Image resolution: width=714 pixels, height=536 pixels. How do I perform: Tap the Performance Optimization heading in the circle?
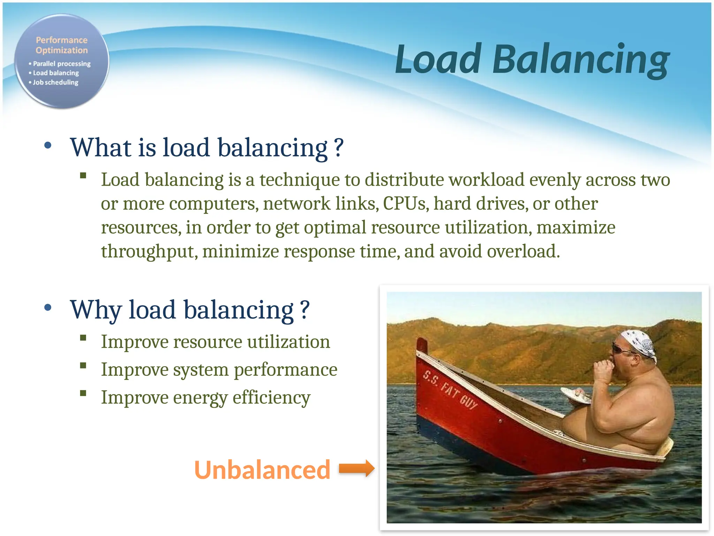(62, 45)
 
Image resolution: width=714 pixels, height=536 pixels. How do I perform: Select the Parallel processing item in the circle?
(61, 64)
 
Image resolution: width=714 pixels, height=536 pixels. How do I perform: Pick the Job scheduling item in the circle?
(55, 82)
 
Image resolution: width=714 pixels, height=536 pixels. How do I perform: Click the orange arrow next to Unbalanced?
(356, 468)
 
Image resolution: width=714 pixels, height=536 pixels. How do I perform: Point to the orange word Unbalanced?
(262, 470)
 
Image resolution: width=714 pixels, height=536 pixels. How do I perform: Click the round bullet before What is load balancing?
(48, 146)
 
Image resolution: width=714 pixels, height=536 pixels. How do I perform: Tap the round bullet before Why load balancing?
(48, 307)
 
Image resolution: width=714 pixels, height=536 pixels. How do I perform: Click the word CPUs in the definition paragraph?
(405, 203)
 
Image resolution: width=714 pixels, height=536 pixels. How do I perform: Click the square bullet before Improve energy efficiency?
(83, 393)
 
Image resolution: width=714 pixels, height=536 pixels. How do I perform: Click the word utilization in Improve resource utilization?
(288, 342)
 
